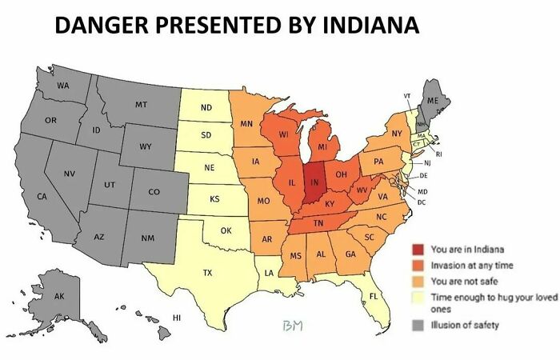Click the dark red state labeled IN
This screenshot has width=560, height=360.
pyautogui.click(x=314, y=181)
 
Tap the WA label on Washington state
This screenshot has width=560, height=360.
pyautogui.click(x=62, y=85)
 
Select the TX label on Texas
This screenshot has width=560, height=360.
pyautogui.click(x=207, y=273)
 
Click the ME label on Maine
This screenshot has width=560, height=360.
pyautogui.click(x=433, y=101)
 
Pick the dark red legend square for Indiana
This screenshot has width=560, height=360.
pyautogui.click(x=418, y=250)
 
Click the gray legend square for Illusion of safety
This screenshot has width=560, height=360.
pyautogui.click(x=418, y=324)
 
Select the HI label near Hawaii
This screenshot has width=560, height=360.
pyautogui.click(x=178, y=318)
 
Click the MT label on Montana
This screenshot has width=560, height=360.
pyautogui.click(x=141, y=104)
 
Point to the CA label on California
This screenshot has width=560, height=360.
pyautogui.click(x=42, y=196)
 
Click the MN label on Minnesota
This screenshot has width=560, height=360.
pyautogui.click(x=246, y=124)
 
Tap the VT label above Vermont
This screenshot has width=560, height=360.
pyautogui.click(x=407, y=96)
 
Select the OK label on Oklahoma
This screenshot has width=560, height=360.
pyautogui.click(x=226, y=230)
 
